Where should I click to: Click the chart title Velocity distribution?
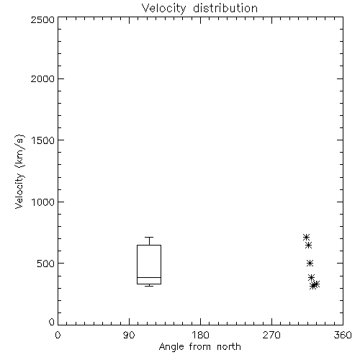199,9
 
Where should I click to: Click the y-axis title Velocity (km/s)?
19,171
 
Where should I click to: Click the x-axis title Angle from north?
199,346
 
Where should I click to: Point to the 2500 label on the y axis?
42,19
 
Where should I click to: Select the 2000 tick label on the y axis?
42,78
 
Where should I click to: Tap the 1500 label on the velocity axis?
43,140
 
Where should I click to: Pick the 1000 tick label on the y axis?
43,202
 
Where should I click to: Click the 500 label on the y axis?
46,264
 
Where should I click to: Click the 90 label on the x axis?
129,335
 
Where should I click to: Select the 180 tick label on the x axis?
200,335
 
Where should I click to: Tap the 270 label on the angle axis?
271,335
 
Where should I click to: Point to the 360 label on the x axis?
343,335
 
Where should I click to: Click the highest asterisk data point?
306,238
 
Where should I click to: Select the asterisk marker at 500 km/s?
310,264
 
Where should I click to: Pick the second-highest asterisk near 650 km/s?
308,246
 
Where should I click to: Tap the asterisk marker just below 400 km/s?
311,277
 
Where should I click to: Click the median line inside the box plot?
149,277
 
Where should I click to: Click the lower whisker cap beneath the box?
149,286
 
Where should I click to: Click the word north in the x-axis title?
229,346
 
